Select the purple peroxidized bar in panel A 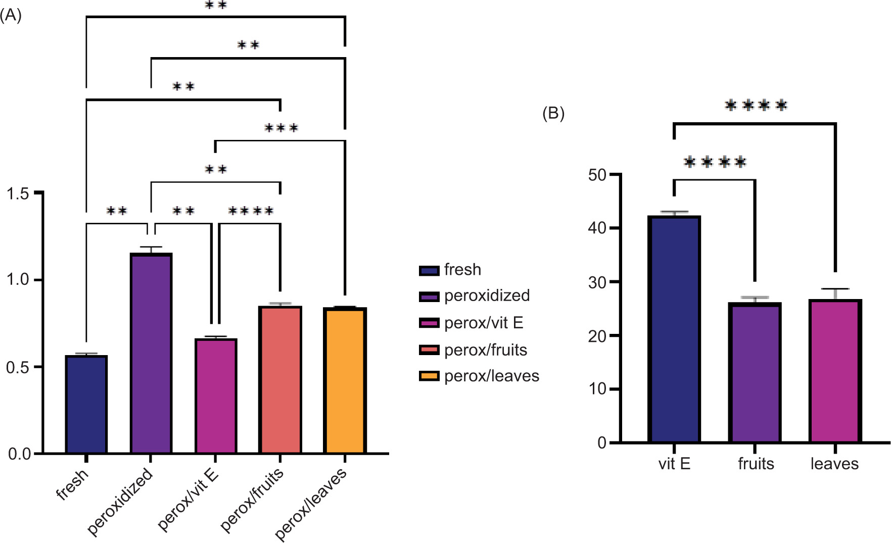(x=151, y=354)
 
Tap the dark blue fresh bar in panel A (x=86, y=405)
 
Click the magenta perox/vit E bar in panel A (x=216, y=396)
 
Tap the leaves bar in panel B (x=835, y=371)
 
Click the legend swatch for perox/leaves (x=429, y=376)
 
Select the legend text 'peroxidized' (x=487, y=295)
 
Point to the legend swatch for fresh (x=429, y=270)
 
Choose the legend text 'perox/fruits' (x=486, y=350)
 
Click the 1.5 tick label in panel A (x=19, y=193)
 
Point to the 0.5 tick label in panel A (x=19, y=367)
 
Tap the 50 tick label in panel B (x=597, y=175)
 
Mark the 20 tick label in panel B (x=597, y=336)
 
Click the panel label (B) (x=553, y=113)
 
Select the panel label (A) (x=11, y=16)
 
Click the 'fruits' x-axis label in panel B (x=756, y=464)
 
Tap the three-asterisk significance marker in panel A (x=282, y=128)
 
